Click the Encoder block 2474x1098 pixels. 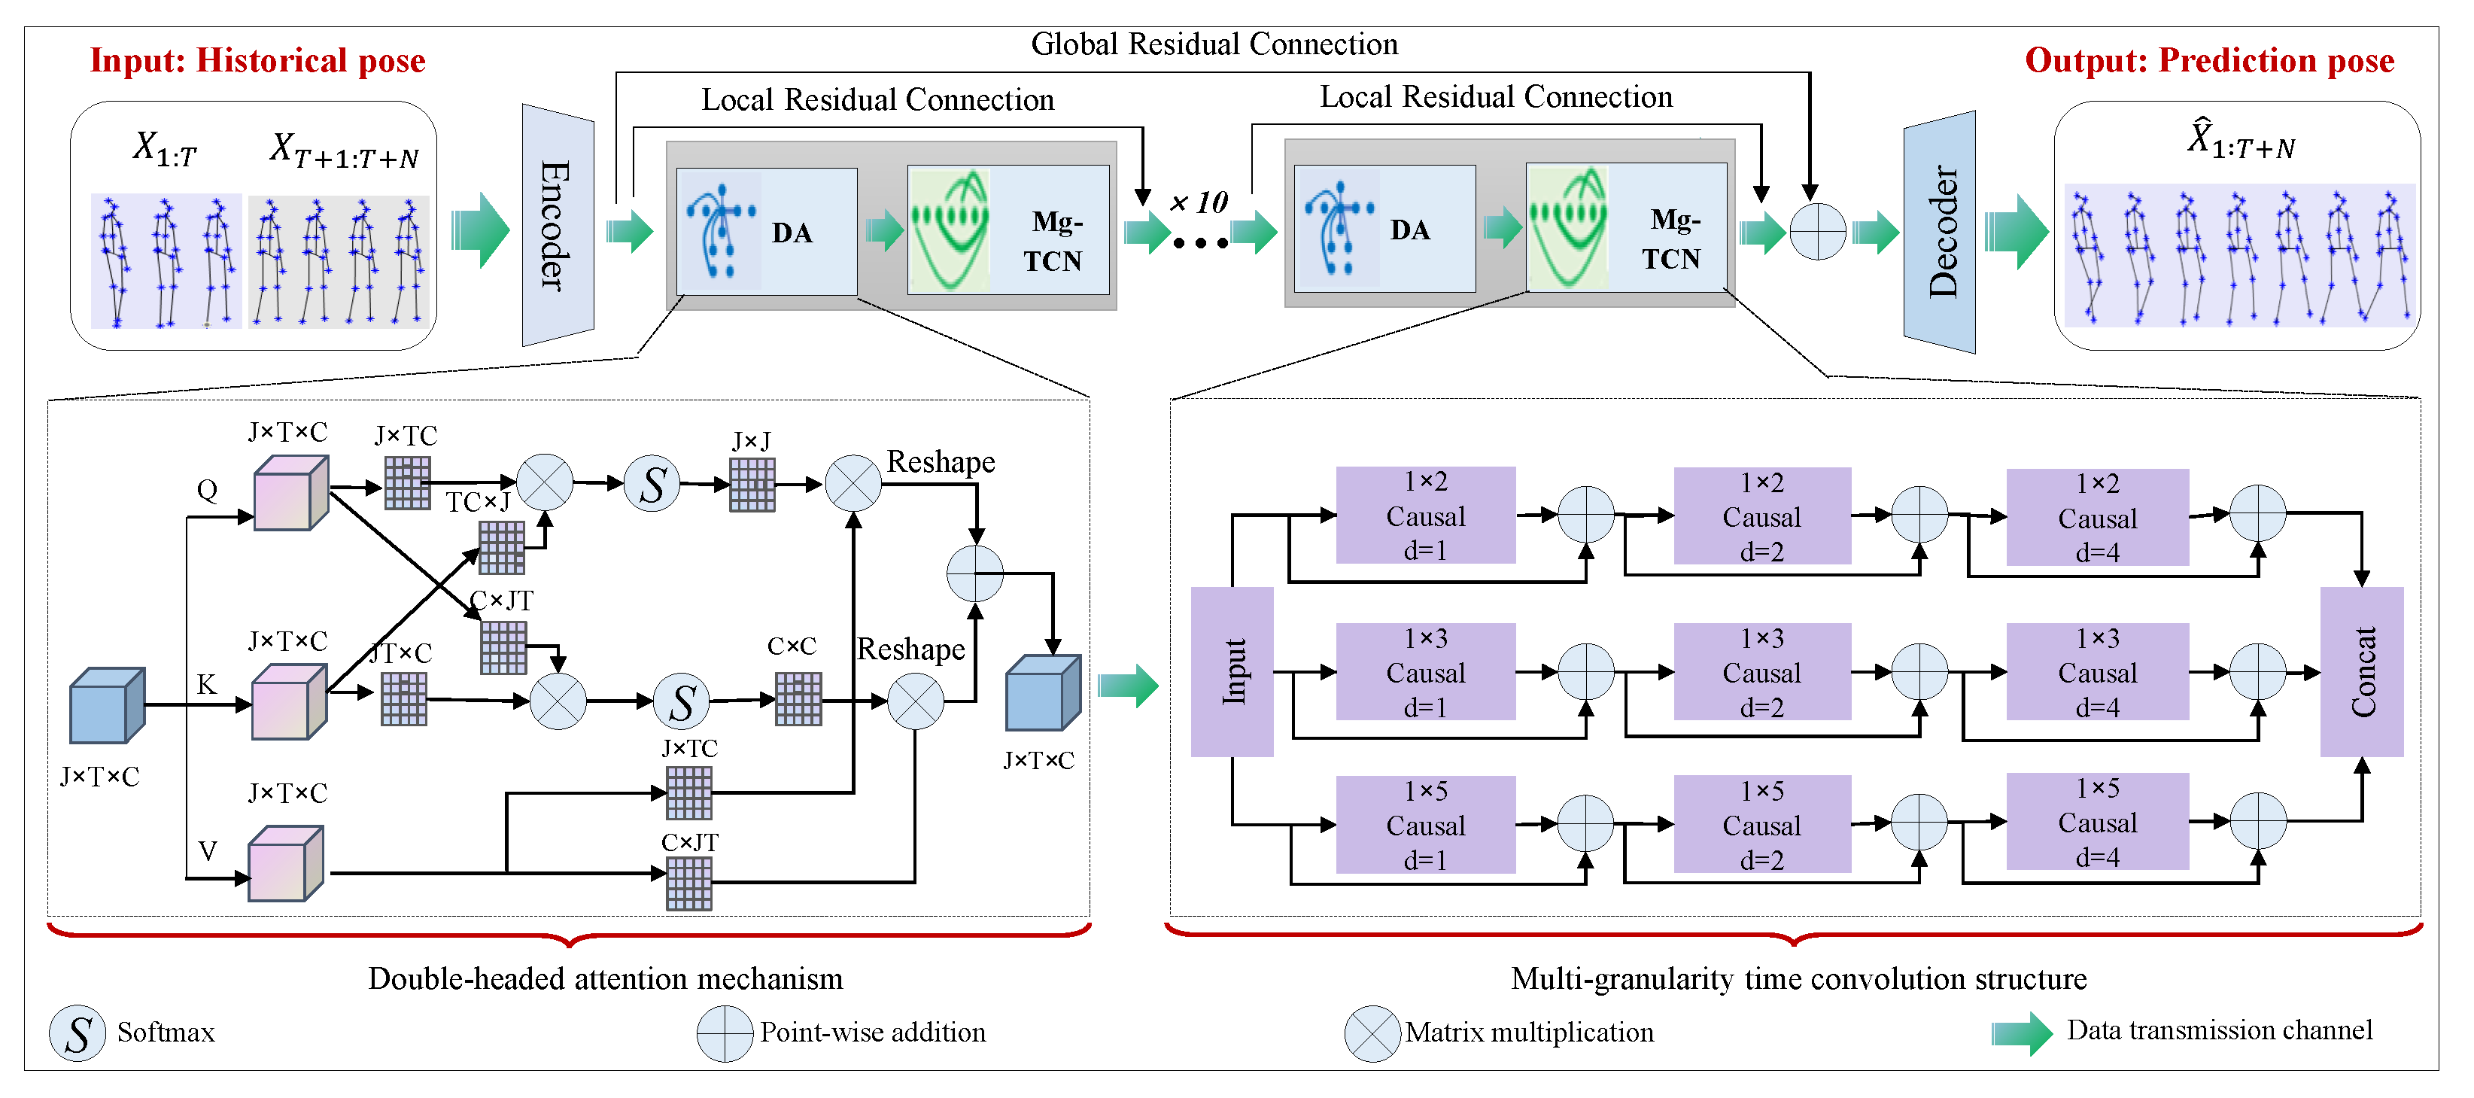pyautogui.click(x=557, y=226)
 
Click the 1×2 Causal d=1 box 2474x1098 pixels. pyautogui.click(x=1425, y=516)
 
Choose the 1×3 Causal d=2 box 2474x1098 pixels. pyautogui.click(x=1761, y=673)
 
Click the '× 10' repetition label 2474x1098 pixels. pyautogui.click(x=1199, y=202)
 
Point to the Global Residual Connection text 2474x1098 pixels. pyautogui.click(x=1214, y=44)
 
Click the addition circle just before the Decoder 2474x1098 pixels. pyautogui.click(x=1817, y=232)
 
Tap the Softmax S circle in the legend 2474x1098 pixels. pyautogui.click(x=77, y=1033)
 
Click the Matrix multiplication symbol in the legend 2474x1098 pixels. pyautogui.click(x=1372, y=1033)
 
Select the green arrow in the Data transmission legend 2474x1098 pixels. pyautogui.click(x=2021, y=1033)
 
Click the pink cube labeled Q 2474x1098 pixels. pyautogui.click(x=290, y=494)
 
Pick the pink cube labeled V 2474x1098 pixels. pyautogui.click(x=285, y=864)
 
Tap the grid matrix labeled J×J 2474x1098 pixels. pyautogui.click(x=752, y=484)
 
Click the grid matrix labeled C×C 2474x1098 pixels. pyautogui.click(x=798, y=698)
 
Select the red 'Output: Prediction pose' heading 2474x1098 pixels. pyautogui.click(x=2209, y=60)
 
